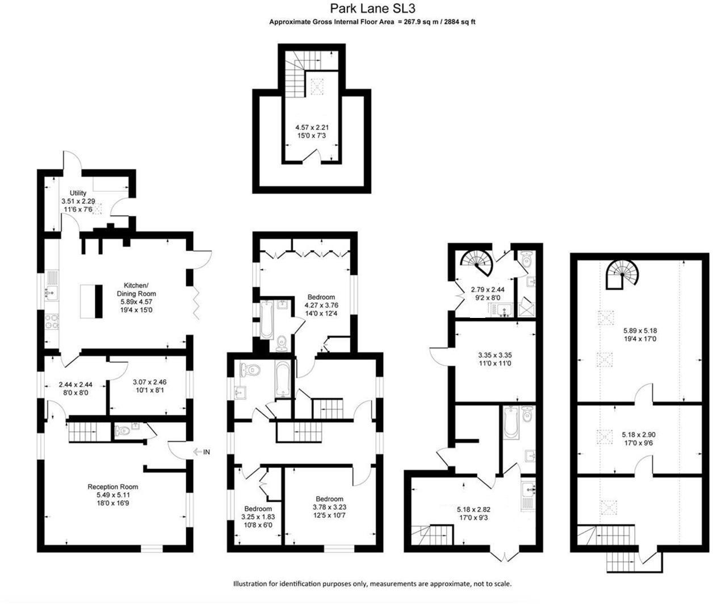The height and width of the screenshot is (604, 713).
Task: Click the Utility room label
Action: (78, 194)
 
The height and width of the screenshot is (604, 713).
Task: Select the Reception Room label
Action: (112, 486)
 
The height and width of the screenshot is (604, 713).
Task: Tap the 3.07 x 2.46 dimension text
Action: (149, 382)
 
